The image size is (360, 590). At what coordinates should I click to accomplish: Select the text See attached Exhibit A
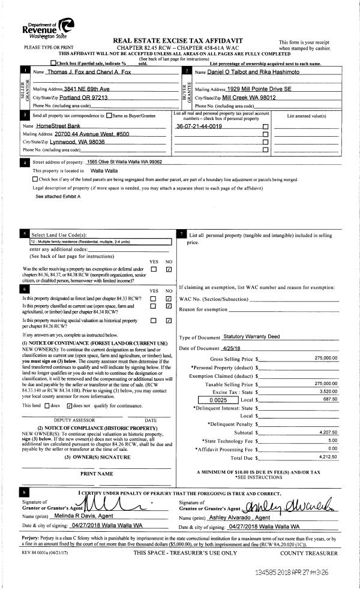pos(58,196)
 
